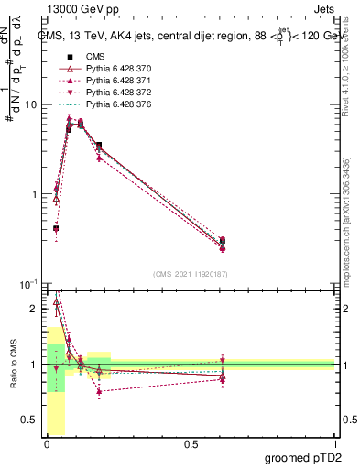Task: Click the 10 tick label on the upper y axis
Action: (30, 104)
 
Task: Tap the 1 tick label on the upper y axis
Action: (33, 194)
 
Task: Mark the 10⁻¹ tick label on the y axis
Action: (28, 283)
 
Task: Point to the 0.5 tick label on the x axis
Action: (191, 444)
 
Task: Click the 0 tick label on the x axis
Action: (47, 444)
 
